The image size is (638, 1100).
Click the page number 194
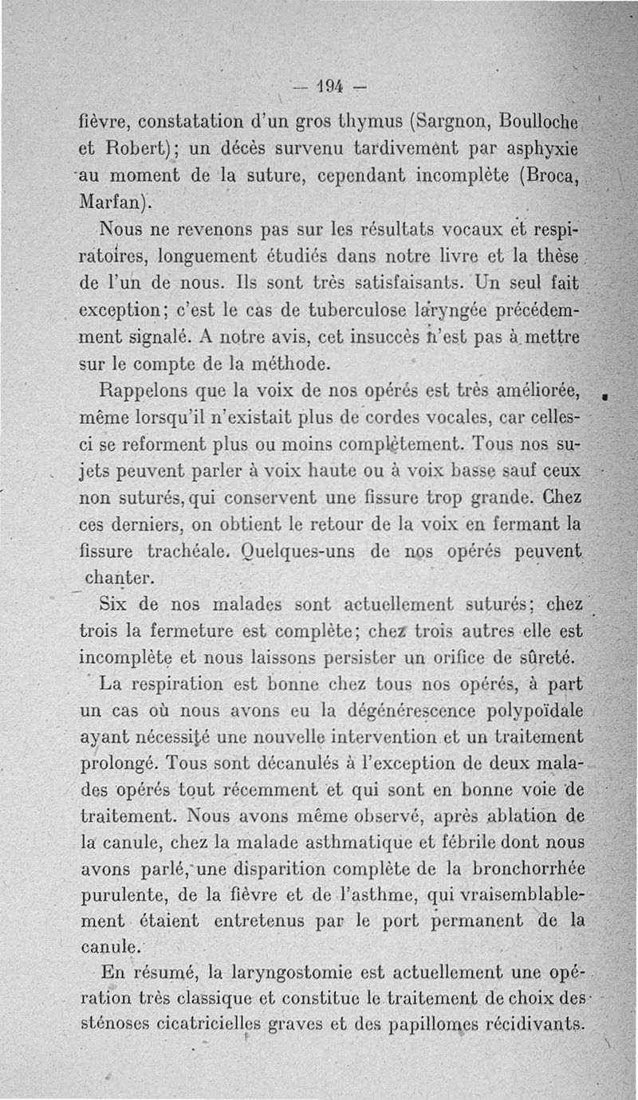pos(328,84)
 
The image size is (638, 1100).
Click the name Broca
pos(549,175)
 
